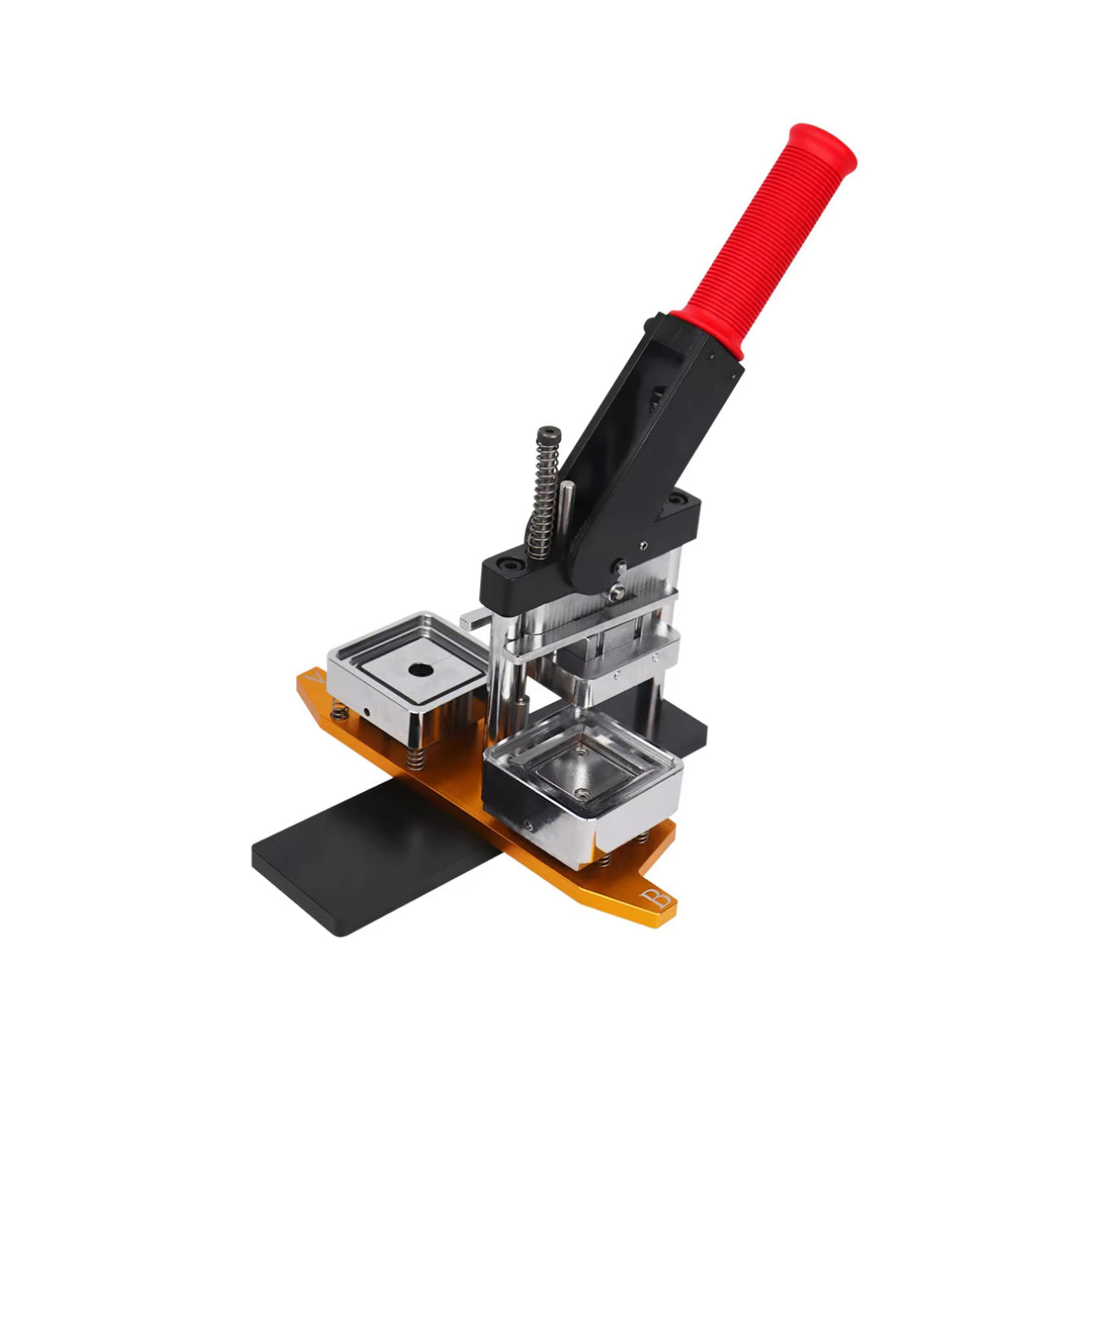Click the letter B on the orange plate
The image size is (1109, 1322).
[655, 898]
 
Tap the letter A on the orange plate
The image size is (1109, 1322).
[313, 677]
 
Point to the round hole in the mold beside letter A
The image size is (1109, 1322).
[421, 669]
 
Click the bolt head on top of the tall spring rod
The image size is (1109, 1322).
[548, 435]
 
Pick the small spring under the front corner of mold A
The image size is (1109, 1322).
[415, 758]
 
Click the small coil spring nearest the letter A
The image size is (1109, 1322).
[340, 713]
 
